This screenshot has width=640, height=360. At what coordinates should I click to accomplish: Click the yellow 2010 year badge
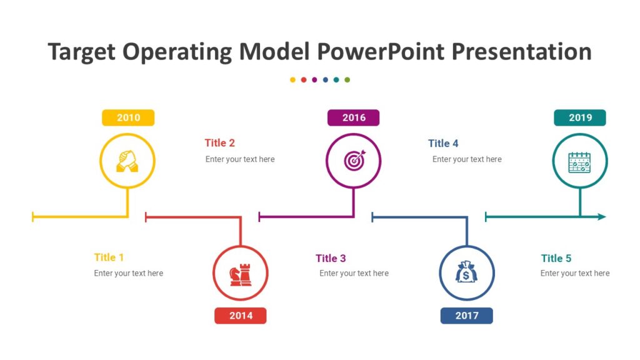point(128,117)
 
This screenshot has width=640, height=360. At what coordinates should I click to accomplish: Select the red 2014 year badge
point(241,316)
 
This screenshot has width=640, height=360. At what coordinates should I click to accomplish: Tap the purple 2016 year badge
point(354,117)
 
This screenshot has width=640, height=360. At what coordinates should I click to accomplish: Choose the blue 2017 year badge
point(466,316)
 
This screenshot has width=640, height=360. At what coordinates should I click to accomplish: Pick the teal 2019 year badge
point(580,117)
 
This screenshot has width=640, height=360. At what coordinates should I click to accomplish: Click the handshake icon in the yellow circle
point(127,161)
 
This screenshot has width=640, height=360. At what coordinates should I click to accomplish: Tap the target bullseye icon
point(354,161)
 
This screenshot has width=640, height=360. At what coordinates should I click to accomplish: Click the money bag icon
point(467,273)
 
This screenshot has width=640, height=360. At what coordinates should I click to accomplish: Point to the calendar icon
point(580,162)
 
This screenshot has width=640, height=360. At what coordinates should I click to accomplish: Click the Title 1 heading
point(109,257)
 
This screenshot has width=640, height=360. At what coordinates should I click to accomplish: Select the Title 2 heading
point(220,143)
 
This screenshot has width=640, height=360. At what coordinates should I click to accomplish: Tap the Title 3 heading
point(331,258)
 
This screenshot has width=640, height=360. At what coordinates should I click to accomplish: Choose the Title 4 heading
point(443,143)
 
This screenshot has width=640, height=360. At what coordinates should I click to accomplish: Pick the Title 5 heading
point(556,258)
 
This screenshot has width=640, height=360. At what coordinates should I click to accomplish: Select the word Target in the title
point(82,52)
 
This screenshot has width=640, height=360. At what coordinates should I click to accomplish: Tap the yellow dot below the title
point(292,80)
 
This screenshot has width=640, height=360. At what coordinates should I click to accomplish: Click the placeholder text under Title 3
point(354,273)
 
